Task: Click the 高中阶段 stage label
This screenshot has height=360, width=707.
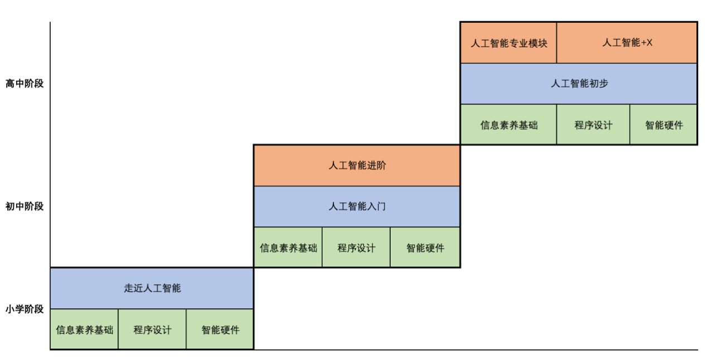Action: [25, 84]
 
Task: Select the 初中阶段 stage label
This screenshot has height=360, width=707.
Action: [25, 207]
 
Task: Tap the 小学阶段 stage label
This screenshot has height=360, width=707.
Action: [25, 309]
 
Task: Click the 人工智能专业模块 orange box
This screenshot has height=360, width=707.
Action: [509, 43]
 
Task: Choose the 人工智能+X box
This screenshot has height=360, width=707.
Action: [627, 43]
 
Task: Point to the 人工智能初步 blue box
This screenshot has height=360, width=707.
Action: [579, 84]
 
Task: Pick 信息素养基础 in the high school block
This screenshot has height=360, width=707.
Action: [509, 125]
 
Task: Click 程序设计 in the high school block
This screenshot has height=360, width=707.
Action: [593, 125]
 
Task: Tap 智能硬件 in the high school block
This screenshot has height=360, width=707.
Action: [664, 125]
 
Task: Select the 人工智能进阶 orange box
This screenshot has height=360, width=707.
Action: [357, 166]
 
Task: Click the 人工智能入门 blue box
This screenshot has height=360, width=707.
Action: [357, 207]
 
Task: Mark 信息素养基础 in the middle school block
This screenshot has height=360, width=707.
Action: [288, 247]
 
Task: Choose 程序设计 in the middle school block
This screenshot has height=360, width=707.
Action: [356, 247]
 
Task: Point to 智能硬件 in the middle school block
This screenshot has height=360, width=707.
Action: [425, 247]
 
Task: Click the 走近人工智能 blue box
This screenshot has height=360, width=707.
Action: [152, 289]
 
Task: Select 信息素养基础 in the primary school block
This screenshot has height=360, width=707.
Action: [84, 329]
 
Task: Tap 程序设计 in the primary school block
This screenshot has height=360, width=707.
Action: [152, 329]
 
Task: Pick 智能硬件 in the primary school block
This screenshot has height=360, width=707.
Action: [220, 329]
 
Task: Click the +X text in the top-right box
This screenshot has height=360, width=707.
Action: [646, 43]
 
